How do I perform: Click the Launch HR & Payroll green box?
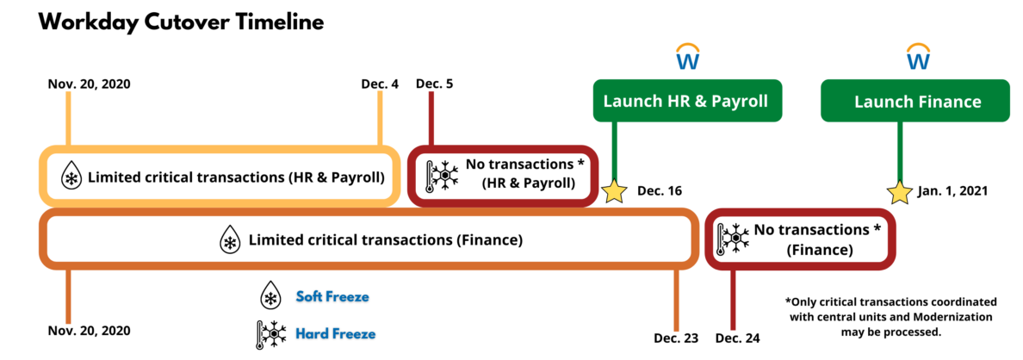[687, 101]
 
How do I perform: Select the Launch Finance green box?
[914, 102]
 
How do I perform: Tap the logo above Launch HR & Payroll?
[687, 56]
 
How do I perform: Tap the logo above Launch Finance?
[918, 56]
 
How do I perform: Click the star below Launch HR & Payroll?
[614, 191]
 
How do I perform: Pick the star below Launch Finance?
[900, 192]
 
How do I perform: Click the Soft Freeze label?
[332, 296]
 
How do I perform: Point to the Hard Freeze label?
[336, 333]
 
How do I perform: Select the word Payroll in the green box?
[739, 101]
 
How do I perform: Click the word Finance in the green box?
[947, 102]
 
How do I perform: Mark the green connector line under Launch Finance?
[900, 151]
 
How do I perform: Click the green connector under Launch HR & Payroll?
[614, 151]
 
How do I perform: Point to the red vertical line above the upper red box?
[431, 117]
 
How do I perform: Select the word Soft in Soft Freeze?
[311, 296]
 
